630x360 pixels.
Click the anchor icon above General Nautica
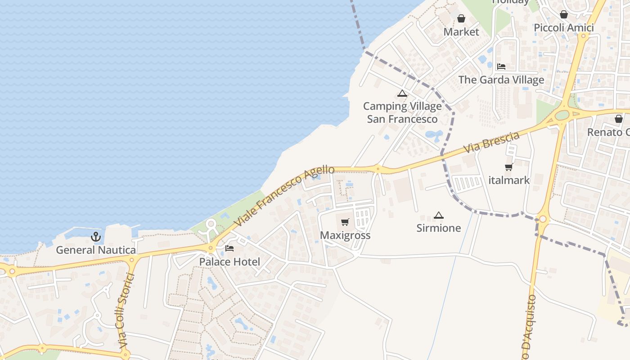coord(96,237)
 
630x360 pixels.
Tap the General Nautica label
coord(96,250)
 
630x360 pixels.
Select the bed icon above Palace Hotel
coord(229,248)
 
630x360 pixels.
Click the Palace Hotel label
coord(229,261)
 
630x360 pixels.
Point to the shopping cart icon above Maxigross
coord(345,222)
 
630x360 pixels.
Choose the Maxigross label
coord(345,235)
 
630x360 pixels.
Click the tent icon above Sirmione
coord(439,215)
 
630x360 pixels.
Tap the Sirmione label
coord(439,228)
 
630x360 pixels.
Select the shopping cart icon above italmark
coord(509,167)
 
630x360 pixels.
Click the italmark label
coord(509,180)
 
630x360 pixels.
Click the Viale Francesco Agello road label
coord(284,196)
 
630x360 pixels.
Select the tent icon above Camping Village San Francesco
coord(402,94)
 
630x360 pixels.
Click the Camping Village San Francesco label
coord(402,112)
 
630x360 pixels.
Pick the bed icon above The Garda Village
coord(501,67)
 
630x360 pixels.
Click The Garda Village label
coord(501,80)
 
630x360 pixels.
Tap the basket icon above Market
coord(461,19)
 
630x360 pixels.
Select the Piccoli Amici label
coord(564,27)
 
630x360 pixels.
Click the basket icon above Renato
coord(619,119)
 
